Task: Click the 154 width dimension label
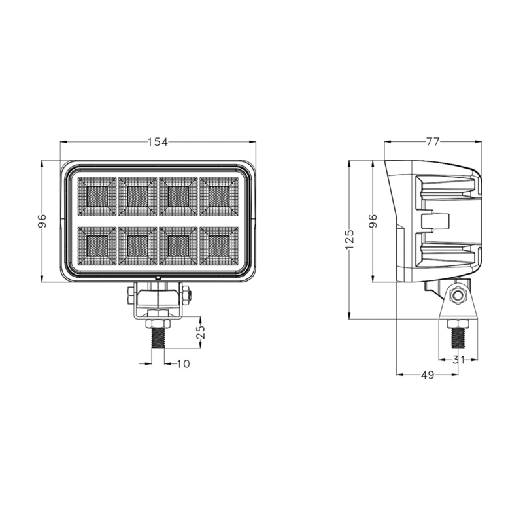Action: [x=157, y=141]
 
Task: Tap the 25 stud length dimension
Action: [x=201, y=332]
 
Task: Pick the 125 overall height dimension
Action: [x=350, y=239]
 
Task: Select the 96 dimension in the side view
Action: [x=374, y=221]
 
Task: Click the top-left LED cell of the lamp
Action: [x=97, y=195]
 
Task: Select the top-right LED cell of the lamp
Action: [x=219, y=195]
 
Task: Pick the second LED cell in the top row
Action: [x=137, y=195]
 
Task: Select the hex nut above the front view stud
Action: [x=158, y=322]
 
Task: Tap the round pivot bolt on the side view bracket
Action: [x=459, y=297]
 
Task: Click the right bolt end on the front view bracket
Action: [x=188, y=295]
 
